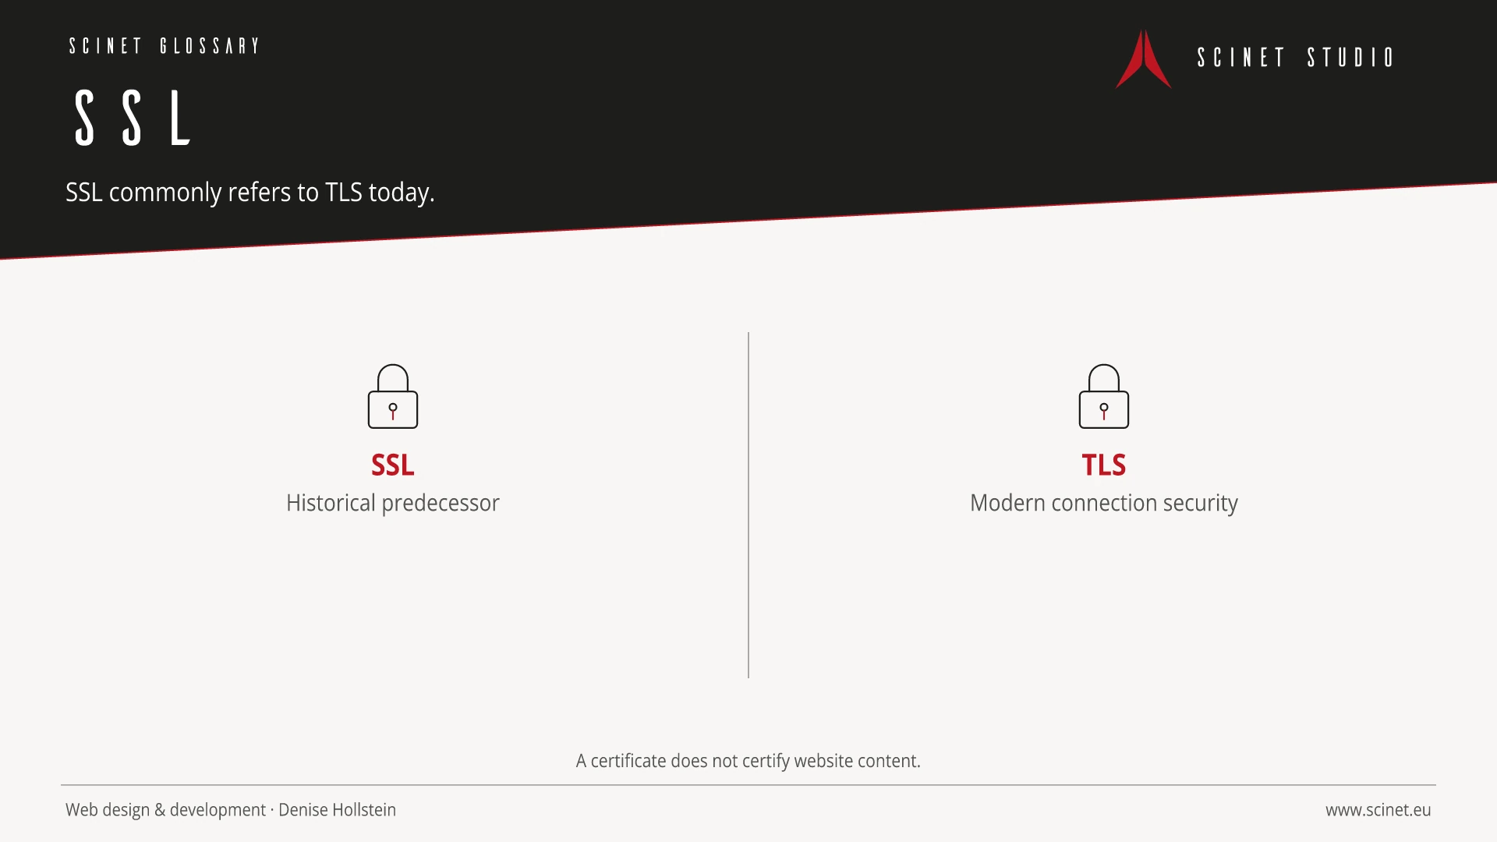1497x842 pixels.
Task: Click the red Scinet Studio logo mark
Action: [x=1143, y=59]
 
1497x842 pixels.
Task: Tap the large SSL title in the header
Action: [x=133, y=118]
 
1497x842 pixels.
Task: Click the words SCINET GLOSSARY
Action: [x=164, y=46]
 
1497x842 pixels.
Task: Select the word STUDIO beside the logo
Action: [x=1350, y=58]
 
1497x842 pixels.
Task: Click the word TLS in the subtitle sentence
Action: [x=344, y=192]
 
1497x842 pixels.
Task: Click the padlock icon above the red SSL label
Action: [x=393, y=396]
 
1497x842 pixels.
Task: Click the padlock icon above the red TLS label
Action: [x=1104, y=396]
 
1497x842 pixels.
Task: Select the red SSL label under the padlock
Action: [x=393, y=465]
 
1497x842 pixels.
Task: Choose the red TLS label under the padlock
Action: [x=1104, y=465]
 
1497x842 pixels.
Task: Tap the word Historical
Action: [x=331, y=503]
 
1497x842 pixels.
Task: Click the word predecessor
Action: [x=441, y=504]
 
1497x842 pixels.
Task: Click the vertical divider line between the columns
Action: [x=748, y=505]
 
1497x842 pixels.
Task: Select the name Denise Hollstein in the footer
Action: [x=337, y=810]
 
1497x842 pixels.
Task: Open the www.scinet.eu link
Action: [x=1378, y=810]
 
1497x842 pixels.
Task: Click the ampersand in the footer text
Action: [x=160, y=810]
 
